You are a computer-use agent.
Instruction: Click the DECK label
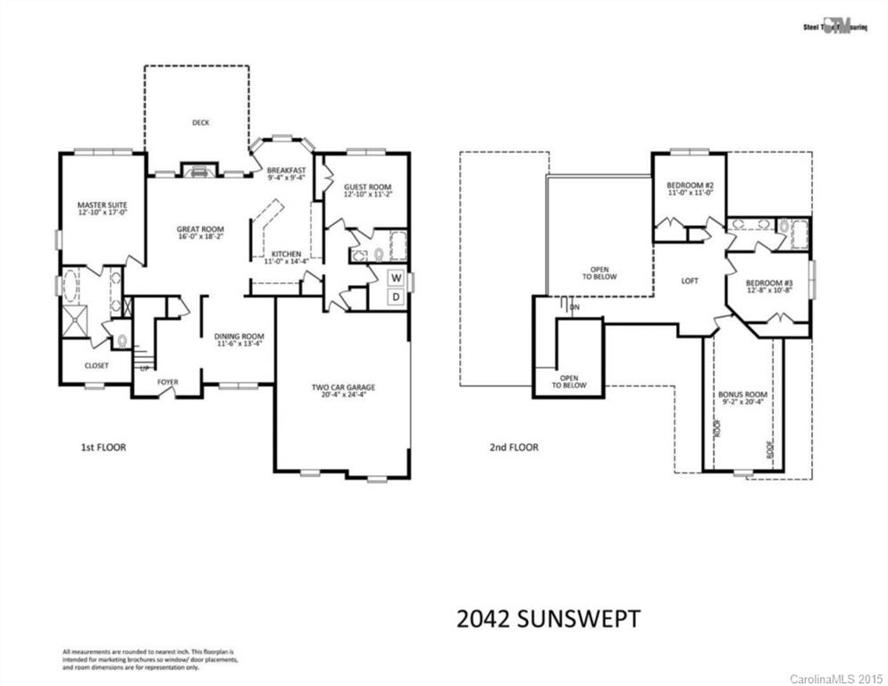[x=200, y=123]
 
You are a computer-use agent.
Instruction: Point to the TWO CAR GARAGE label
[x=343, y=388]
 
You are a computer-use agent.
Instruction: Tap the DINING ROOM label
[x=238, y=337]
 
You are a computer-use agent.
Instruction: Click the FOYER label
[x=168, y=382]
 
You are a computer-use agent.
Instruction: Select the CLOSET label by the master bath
[x=96, y=365]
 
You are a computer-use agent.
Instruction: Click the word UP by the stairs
[x=143, y=368]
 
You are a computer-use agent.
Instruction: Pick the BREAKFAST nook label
[x=286, y=170]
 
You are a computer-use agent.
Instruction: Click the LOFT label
[x=690, y=280]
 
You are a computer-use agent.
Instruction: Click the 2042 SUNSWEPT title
[x=548, y=618]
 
